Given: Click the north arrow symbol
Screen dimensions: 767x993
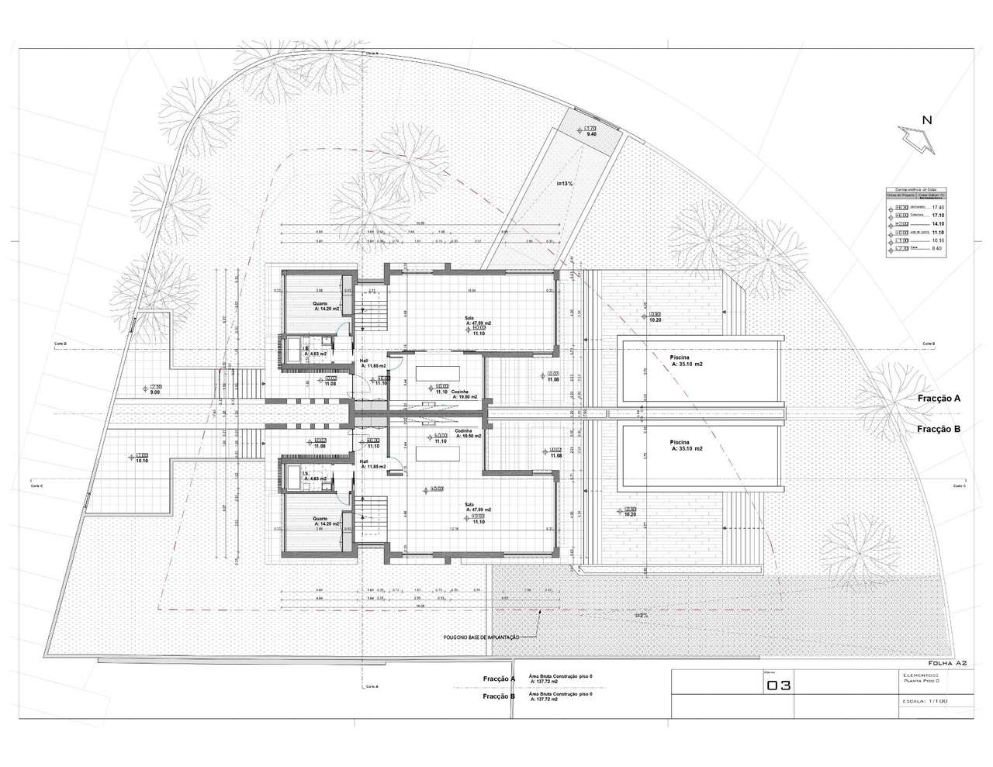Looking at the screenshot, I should (918, 138).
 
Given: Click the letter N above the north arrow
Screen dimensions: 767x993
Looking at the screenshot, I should (926, 119).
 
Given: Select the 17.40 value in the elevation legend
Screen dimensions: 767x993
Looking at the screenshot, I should (937, 208).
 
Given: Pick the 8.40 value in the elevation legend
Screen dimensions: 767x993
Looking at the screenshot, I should (937, 249).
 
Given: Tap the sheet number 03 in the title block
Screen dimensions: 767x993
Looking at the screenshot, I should (778, 686).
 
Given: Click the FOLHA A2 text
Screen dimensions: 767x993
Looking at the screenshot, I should (946, 663).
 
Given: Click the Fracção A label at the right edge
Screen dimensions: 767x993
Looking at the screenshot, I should (936, 398).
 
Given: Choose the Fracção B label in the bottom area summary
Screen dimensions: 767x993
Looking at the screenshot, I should (499, 696).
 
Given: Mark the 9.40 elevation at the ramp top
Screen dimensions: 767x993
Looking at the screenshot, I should (591, 134).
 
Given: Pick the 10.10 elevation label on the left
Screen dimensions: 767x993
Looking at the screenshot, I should (141, 460).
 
